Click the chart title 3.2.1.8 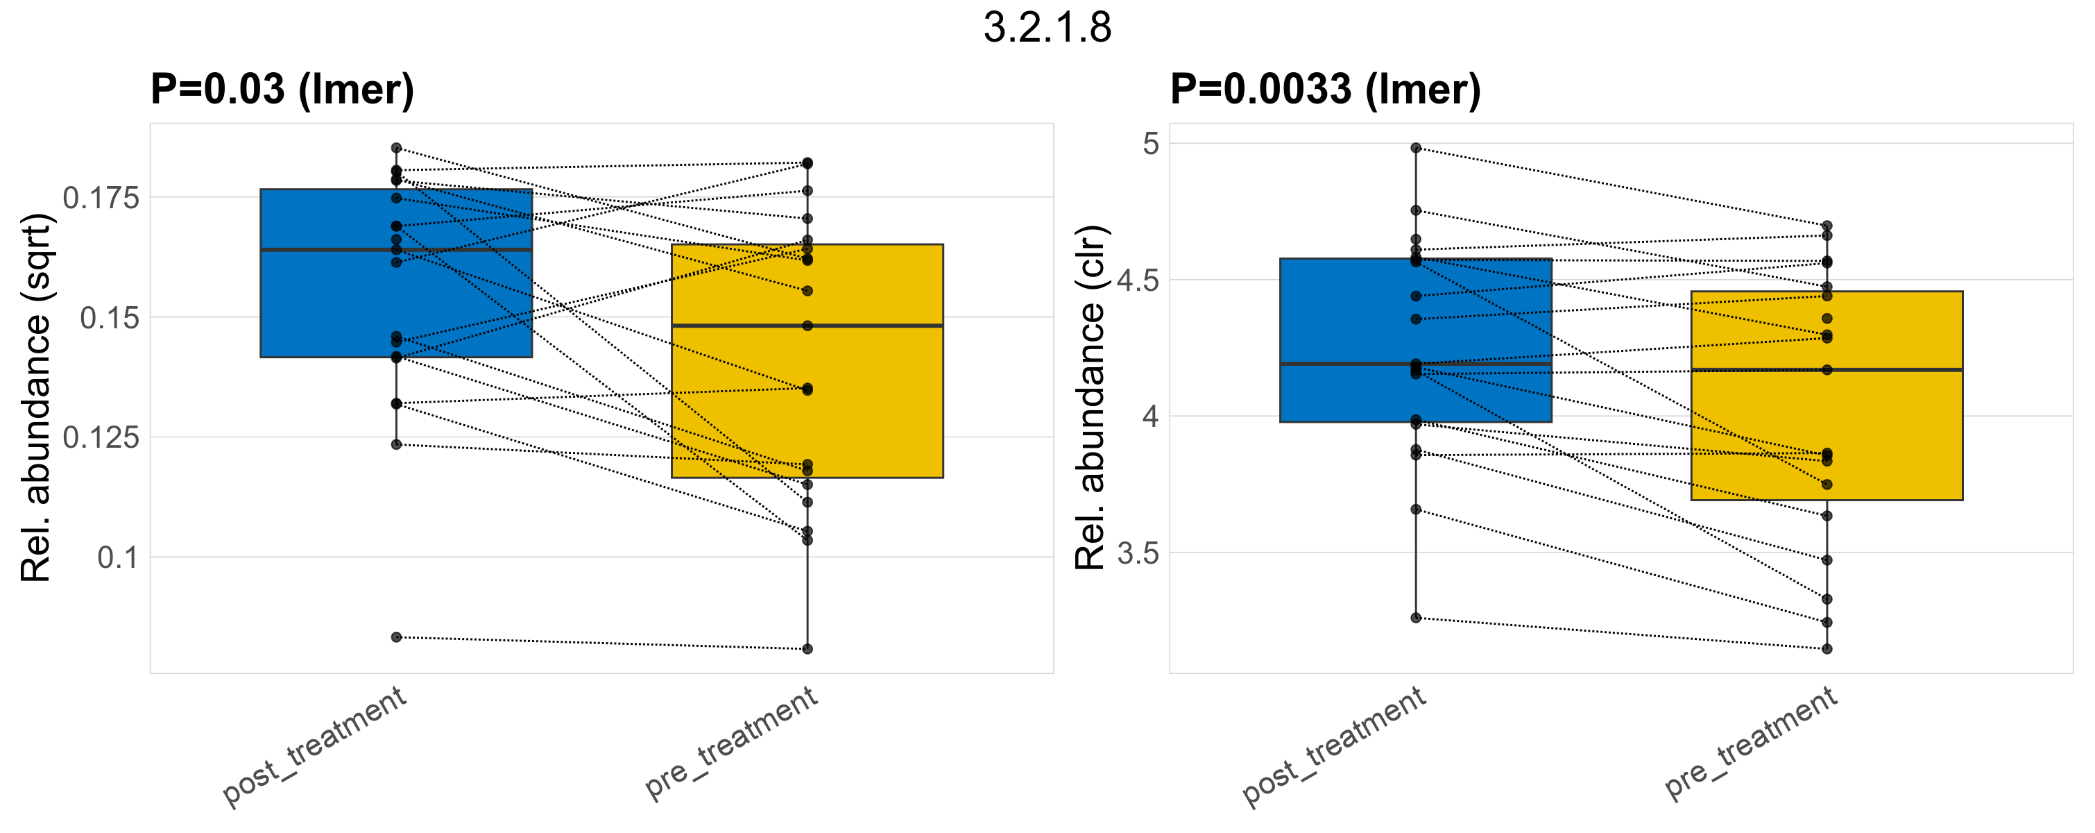pos(1047,28)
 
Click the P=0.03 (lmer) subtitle pos(282,89)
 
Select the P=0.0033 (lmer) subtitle pos(1325,89)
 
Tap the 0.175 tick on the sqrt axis pos(102,198)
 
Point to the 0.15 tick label pos(110,318)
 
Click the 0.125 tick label pos(102,437)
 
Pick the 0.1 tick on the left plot pos(119,558)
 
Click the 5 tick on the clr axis pos(1151,144)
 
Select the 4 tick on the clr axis pos(1151,416)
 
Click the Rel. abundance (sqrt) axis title pos(36,398)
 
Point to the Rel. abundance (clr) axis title pos(1090,398)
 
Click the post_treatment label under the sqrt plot pos(314,746)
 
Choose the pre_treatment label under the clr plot pos(1751,742)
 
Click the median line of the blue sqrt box pos(396,250)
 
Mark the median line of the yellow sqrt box pos(807,326)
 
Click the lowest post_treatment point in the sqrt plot pos(397,637)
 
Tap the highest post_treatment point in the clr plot pos(1416,148)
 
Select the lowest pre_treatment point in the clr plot pos(1827,648)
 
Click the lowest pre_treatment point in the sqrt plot pos(807,648)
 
